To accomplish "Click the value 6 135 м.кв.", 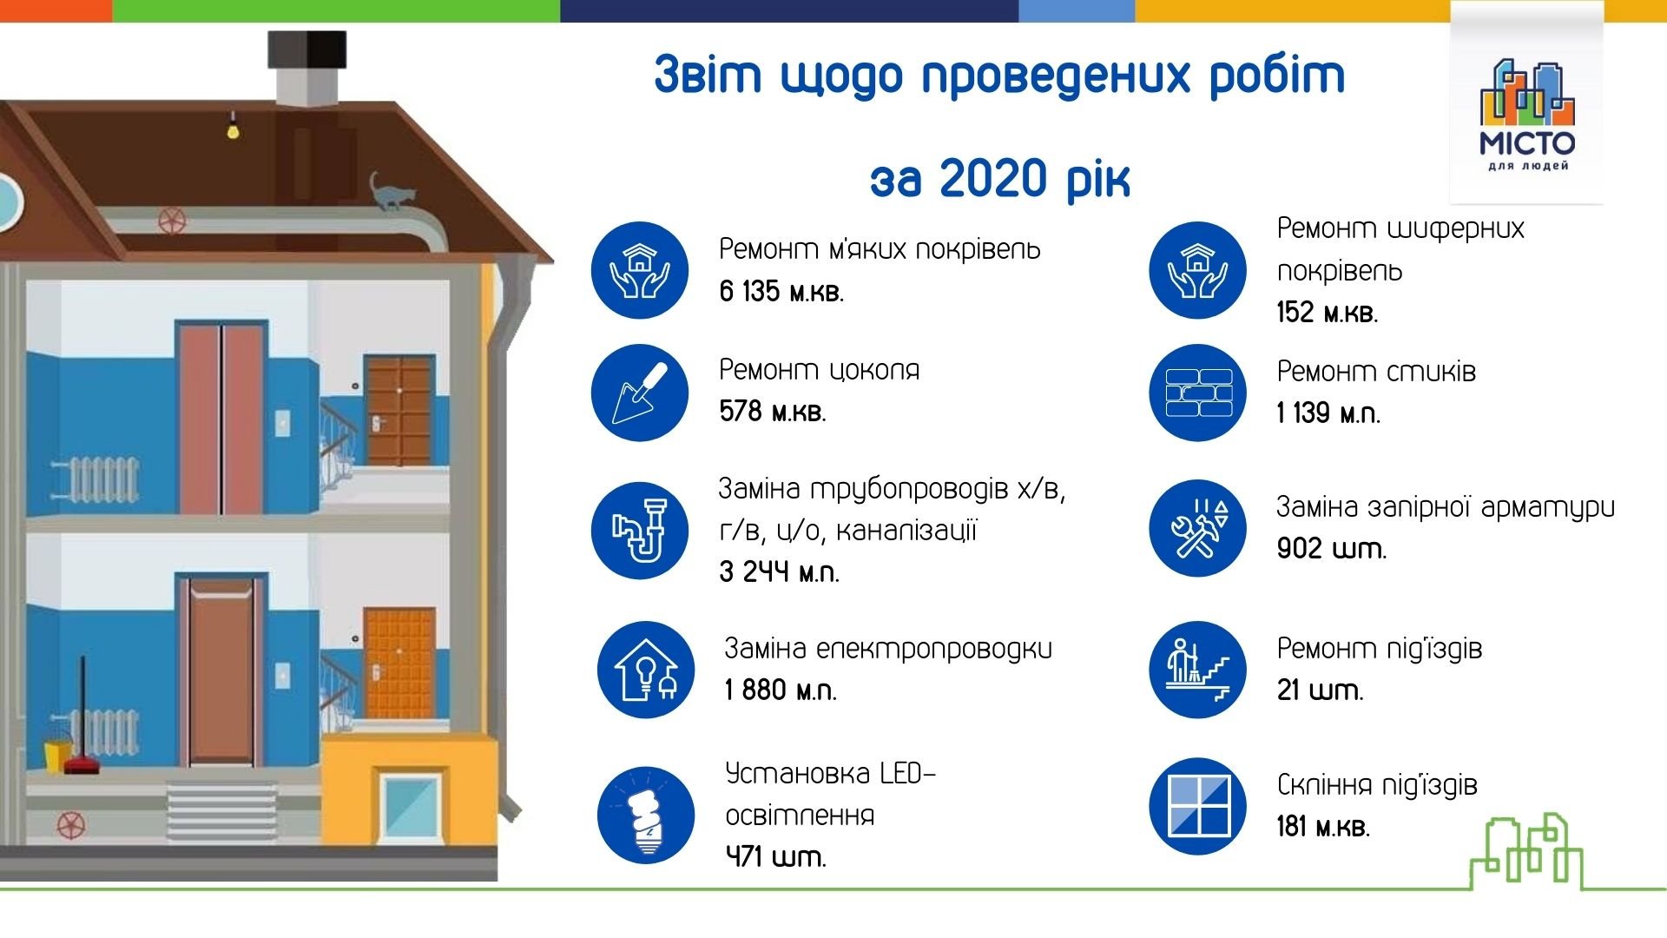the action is [781, 291].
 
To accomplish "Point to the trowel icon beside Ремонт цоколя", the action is [640, 393].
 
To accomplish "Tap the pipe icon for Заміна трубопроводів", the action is [640, 530].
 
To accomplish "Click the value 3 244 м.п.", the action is [779, 571].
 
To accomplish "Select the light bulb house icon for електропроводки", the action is [646, 670].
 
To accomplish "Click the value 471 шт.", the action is [775, 856].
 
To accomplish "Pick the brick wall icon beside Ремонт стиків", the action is [1197, 393].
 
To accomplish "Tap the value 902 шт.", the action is [1331, 548].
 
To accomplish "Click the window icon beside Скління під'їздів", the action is [1197, 806].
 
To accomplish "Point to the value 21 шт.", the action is [1320, 690].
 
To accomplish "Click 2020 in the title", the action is [994, 179].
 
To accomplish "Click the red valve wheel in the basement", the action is [71, 824].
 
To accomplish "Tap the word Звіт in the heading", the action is [708, 75].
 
